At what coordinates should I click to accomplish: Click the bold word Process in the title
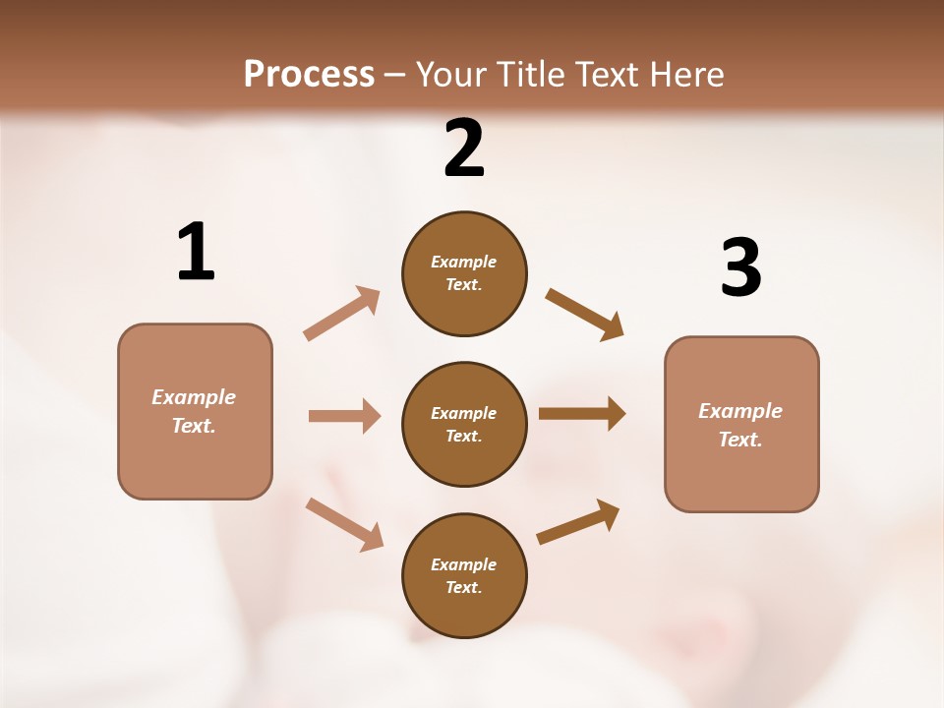[x=309, y=75]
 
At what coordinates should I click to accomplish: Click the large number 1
[x=196, y=252]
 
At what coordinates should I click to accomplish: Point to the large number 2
[x=464, y=148]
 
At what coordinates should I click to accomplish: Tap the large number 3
[x=740, y=267]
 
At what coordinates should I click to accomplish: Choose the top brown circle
[x=464, y=273]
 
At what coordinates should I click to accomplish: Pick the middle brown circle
[x=464, y=424]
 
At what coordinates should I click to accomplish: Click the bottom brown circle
[x=464, y=575]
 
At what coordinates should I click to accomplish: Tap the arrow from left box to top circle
[x=342, y=314]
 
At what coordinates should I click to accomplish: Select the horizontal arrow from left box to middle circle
[x=344, y=416]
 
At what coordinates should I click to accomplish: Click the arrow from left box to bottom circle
[x=344, y=524]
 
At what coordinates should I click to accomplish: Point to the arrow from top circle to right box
[x=585, y=314]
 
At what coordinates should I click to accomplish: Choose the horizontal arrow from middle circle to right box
[x=582, y=414]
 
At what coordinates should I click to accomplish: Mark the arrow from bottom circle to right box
[x=579, y=521]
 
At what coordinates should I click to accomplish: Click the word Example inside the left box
[x=194, y=397]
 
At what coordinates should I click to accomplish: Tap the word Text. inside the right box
[x=740, y=440]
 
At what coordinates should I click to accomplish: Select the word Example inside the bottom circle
[x=464, y=564]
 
